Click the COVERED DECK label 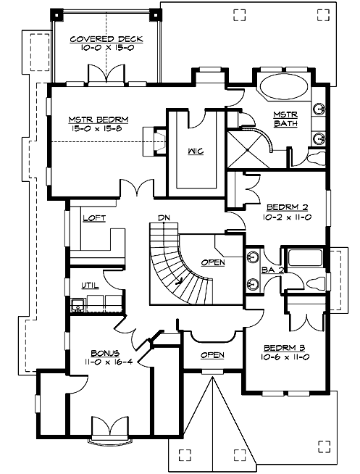pos(106,39)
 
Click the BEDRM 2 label pos(286,206)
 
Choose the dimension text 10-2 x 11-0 pos(286,216)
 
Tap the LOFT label pos(95,217)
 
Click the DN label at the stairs pos(164,217)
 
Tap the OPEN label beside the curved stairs pos(212,262)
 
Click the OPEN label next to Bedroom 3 pos(212,355)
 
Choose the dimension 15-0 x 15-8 pos(96,130)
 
